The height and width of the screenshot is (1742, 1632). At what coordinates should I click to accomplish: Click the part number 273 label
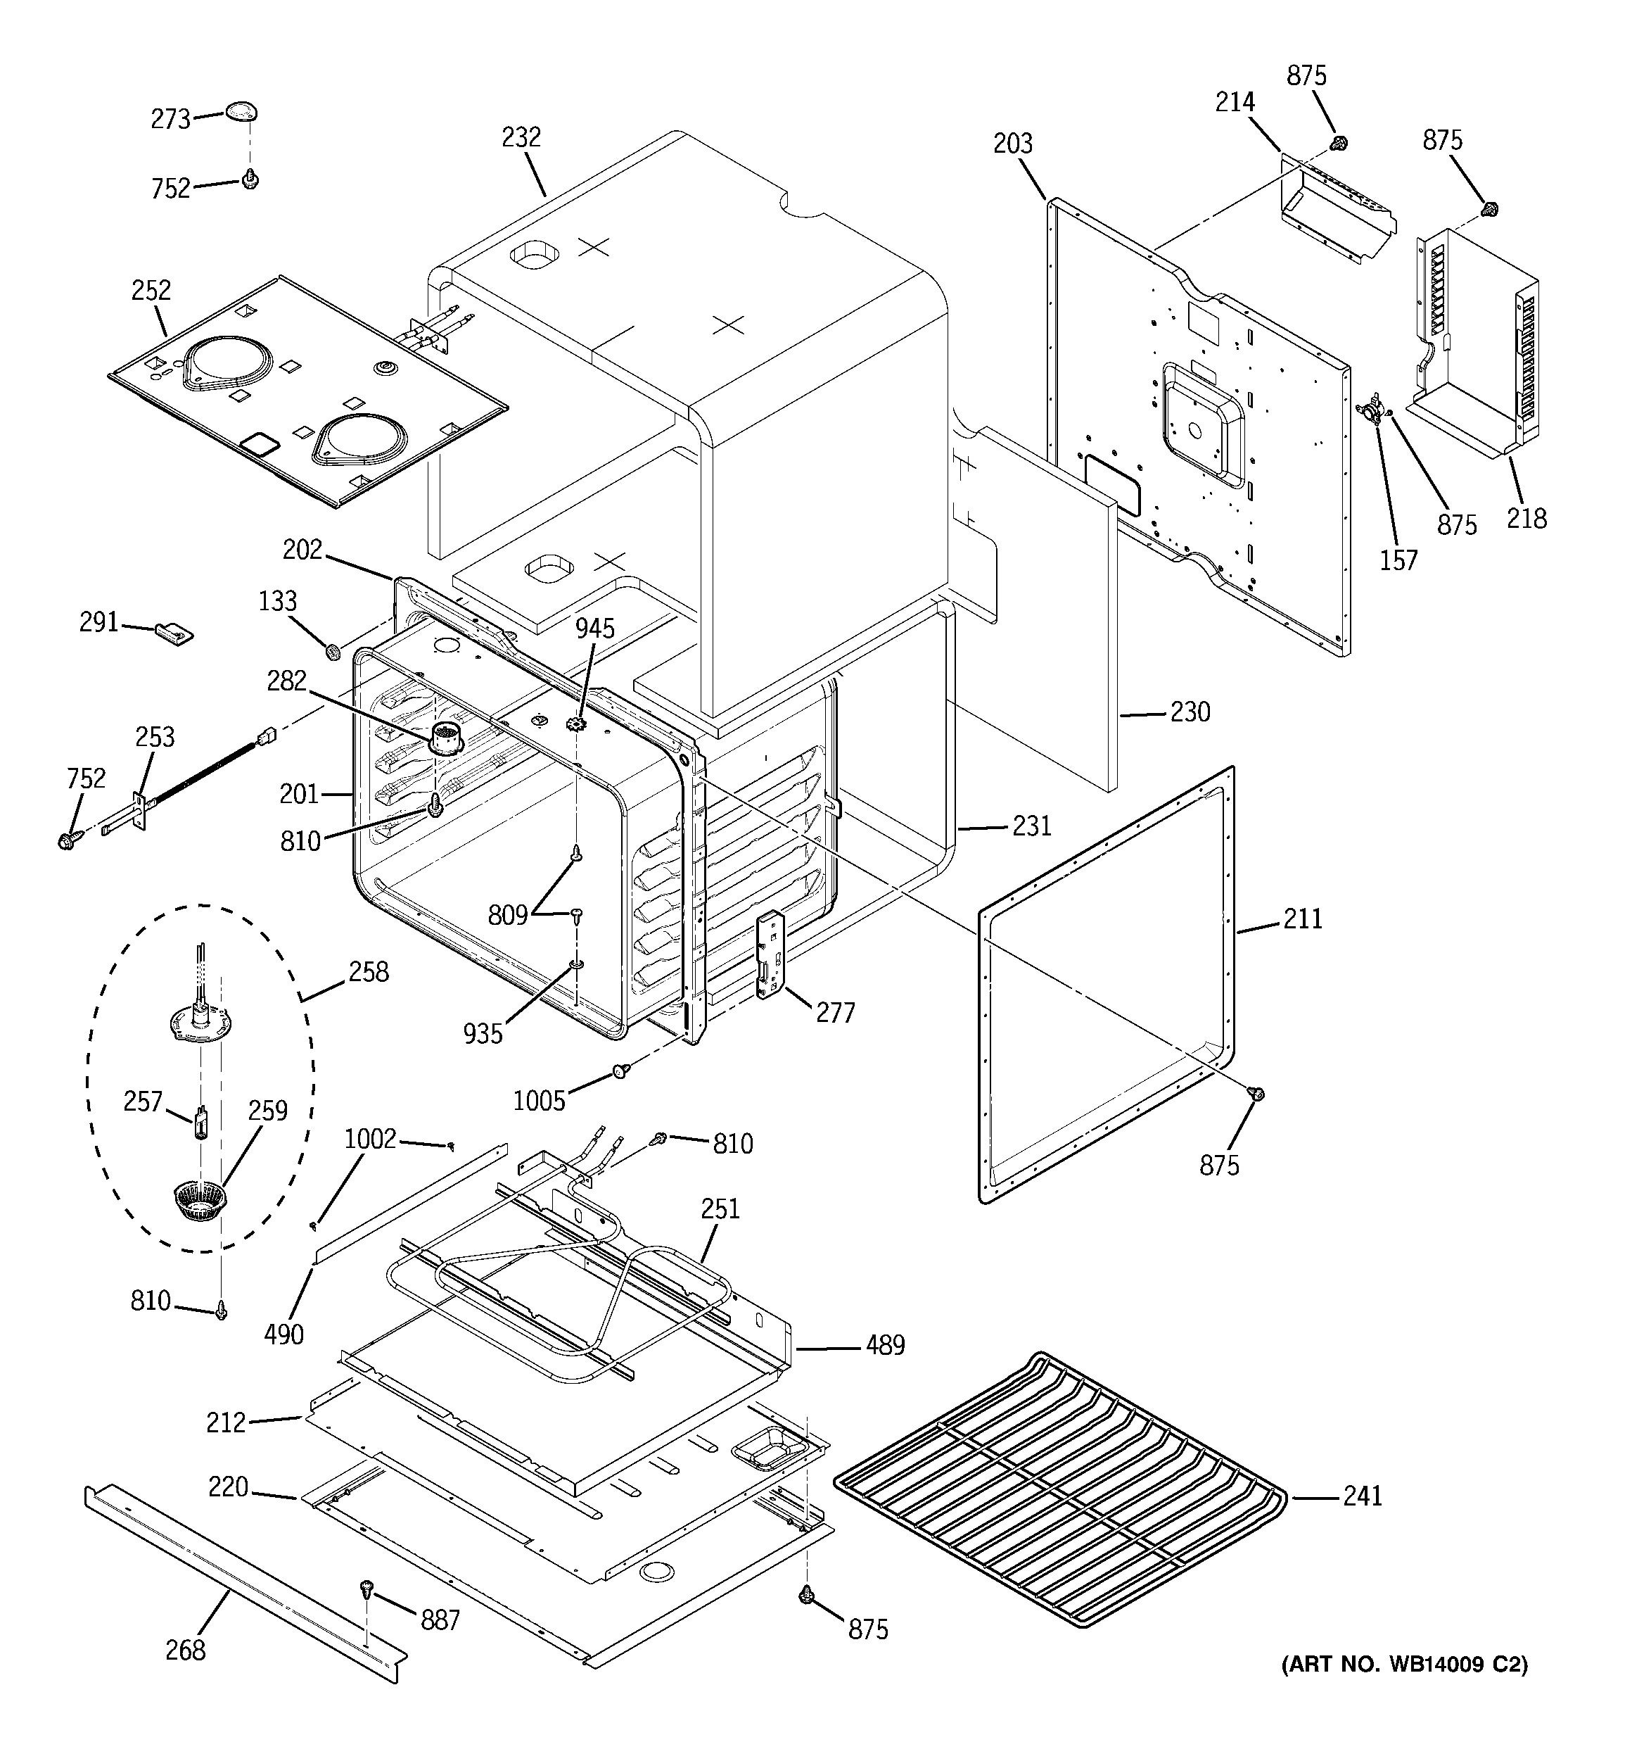pos(171,119)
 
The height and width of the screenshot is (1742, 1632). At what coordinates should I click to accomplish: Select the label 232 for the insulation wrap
pos(521,137)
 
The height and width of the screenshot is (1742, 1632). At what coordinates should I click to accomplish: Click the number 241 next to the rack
pos(1362,1495)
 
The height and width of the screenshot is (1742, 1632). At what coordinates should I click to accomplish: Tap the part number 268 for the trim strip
pos(185,1650)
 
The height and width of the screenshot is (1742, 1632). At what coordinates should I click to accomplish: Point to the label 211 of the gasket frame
pos(1303,919)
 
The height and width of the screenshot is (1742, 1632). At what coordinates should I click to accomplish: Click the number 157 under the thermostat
pos(1398,560)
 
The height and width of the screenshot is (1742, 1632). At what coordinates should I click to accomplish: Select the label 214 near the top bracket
pos(1235,103)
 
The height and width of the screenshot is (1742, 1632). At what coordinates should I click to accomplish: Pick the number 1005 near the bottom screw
pos(539,1101)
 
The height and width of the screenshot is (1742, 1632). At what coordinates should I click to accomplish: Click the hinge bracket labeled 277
pos(768,954)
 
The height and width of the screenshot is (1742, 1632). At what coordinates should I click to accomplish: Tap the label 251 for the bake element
pos(720,1209)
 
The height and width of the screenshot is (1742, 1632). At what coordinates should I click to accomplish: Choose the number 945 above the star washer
pos(596,629)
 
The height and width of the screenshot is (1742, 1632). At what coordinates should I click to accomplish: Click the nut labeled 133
pos(333,651)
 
